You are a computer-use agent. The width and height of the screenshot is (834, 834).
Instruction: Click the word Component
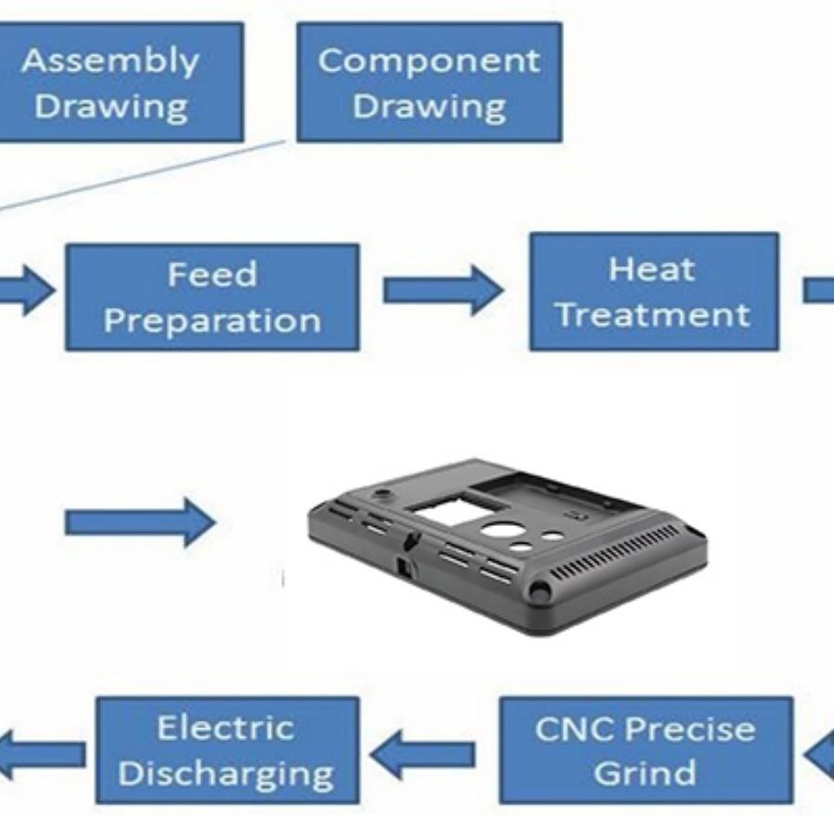pyautogui.click(x=430, y=60)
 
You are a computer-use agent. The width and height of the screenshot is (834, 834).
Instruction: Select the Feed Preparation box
pyautogui.click(x=212, y=297)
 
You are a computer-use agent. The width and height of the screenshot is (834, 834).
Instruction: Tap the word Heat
pyautogui.click(x=651, y=269)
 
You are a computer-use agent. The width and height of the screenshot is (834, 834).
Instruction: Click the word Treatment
pyautogui.click(x=652, y=314)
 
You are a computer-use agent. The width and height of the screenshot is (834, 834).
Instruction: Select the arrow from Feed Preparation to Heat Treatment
pyautogui.click(x=443, y=290)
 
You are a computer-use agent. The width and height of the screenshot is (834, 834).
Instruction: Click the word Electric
pyautogui.click(x=225, y=727)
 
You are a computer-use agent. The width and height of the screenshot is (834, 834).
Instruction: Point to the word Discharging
pyautogui.click(x=225, y=775)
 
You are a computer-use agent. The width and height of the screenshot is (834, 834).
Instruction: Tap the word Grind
pyautogui.click(x=645, y=772)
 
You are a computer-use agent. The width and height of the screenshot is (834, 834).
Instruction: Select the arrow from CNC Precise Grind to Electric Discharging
pyautogui.click(x=422, y=754)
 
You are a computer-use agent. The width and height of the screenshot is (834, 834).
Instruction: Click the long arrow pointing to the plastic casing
pyautogui.click(x=140, y=522)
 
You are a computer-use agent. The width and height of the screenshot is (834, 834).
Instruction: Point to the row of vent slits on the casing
pyautogui.click(x=614, y=553)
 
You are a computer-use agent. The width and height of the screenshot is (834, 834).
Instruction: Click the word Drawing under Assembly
pyautogui.click(x=110, y=108)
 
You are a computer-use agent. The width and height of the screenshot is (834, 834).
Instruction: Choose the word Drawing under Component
pyautogui.click(x=430, y=108)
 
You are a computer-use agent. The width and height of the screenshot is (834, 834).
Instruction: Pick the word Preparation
pyautogui.click(x=212, y=321)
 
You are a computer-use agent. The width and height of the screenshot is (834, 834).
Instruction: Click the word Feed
pyautogui.click(x=212, y=275)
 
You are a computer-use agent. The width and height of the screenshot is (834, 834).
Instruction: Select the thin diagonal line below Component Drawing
pyautogui.click(x=144, y=176)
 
